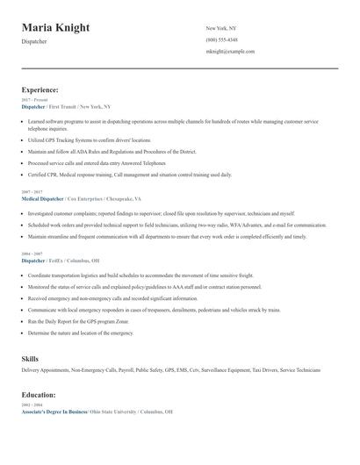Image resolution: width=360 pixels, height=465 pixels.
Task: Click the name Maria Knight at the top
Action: (55, 28)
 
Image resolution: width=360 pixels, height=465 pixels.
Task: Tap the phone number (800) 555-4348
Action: (221, 39)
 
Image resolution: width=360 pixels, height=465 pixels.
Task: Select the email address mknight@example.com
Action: (230, 51)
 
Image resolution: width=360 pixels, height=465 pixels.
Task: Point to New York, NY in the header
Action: (220, 28)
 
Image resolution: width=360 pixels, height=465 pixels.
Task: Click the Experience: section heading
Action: (40, 89)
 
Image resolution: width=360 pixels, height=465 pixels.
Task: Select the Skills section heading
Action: (30, 359)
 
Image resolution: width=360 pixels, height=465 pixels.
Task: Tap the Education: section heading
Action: (39, 395)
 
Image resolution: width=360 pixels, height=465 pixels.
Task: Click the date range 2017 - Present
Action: (35, 100)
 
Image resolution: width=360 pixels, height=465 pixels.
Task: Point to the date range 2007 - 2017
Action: (33, 191)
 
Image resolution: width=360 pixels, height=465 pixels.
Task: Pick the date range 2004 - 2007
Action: (33, 253)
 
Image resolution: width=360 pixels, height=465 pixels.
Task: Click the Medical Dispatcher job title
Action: (43, 198)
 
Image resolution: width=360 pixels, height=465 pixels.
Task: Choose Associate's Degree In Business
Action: (54, 411)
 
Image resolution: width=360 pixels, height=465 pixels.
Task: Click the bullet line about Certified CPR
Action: (129, 175)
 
